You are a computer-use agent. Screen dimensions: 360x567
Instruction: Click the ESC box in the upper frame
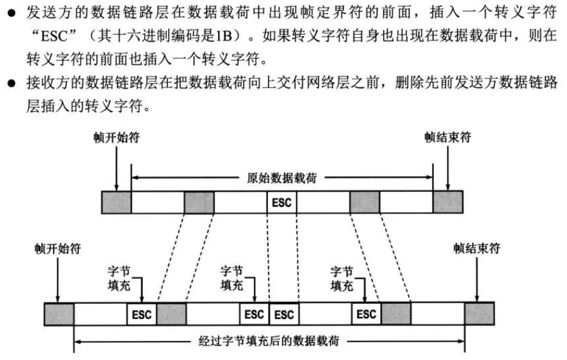coord(281,203)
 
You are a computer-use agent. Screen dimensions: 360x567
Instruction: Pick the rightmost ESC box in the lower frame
coord(366,314)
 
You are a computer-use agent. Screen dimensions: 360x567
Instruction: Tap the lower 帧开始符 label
coord(58,248)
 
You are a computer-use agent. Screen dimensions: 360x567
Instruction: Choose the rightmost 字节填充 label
coord(342,278)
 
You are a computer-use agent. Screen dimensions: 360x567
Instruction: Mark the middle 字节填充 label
coord(231,278)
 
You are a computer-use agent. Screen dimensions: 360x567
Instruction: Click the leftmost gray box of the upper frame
coord(116,203)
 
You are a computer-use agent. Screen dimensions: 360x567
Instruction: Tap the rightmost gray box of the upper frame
coord(448,203)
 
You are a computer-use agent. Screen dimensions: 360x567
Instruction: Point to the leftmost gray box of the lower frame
coord(59,314)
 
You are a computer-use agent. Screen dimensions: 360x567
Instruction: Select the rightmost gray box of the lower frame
coord(479,314)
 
